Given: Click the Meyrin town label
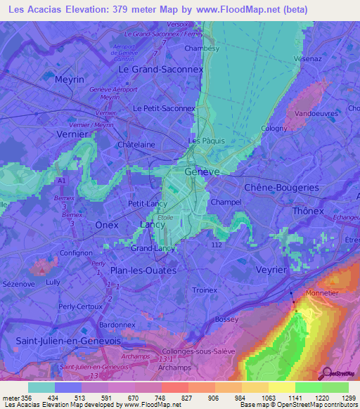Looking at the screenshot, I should [x=69, y=79].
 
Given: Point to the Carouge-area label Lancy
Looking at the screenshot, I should [x=152, y=224].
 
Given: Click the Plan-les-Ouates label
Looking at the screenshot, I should [x=143, y=270].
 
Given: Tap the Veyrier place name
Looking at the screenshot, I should [x=270, y=270].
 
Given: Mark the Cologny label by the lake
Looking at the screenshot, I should [x=274, y=128].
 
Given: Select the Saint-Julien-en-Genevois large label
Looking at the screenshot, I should [x=67, y=340].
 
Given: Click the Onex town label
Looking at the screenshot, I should [x=107, y=225].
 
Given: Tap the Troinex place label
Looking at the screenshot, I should [x=205, y=289].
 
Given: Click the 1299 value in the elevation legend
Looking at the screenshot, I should [x=349, y=398].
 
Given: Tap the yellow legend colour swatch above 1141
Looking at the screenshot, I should [x=281, y=387].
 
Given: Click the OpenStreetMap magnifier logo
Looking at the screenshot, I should [x=326, y=372].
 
